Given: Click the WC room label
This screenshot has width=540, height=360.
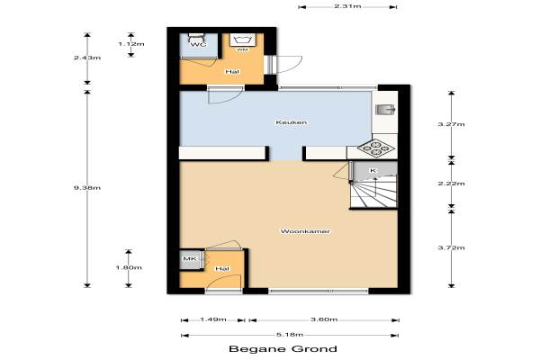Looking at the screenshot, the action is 198,45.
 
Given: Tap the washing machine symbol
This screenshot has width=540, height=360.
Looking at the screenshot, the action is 242,40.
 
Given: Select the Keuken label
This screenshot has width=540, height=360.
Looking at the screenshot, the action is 291,122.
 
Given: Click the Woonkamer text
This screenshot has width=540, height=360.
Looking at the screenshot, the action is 305,231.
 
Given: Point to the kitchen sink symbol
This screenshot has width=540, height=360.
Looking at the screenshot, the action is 385,110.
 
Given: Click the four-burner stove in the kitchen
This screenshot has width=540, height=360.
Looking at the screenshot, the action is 375,148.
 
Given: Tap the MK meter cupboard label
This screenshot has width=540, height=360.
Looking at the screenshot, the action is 189,258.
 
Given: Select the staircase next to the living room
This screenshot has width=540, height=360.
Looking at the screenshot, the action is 374,191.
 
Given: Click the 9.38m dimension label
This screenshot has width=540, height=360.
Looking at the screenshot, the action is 87,188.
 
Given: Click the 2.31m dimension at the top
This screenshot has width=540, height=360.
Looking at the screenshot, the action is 347,6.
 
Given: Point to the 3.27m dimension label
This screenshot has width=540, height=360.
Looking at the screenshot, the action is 451,124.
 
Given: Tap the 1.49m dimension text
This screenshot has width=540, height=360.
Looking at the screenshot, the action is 212,319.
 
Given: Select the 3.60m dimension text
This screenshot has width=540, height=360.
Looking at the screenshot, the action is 324,319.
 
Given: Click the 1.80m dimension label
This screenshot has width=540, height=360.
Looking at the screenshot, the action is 129,267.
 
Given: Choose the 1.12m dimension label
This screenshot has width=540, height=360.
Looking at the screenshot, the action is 131,44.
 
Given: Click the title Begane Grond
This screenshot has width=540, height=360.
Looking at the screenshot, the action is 283,348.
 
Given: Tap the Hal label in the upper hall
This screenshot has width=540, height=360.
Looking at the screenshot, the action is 232,72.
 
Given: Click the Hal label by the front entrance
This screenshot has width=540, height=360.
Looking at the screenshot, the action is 222,268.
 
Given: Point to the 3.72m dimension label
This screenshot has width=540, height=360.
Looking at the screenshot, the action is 451,247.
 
